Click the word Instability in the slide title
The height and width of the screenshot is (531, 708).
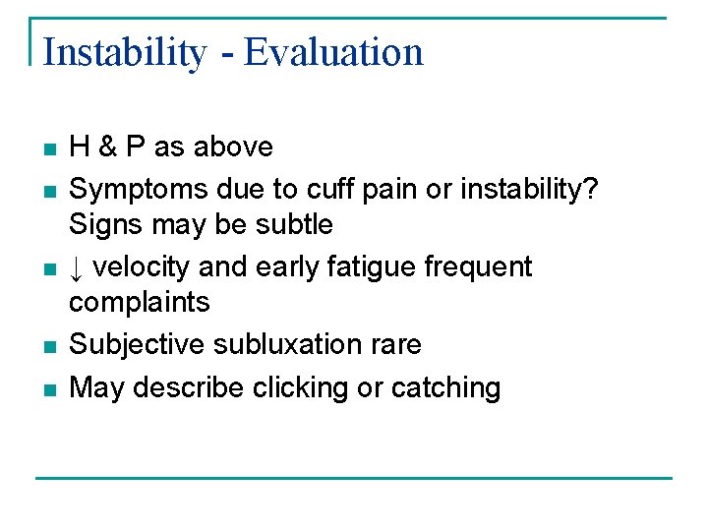point(124,52)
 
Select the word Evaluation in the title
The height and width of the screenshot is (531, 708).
point(333,52)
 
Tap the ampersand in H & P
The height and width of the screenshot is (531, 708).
point(107,147)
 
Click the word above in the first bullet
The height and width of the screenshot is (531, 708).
point(233,147)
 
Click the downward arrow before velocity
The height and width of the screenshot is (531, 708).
point(77,267)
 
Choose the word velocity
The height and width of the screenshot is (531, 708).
point(143,267)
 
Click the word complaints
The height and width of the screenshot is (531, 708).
point(139,302)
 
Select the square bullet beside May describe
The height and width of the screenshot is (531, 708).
point(49,389)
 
